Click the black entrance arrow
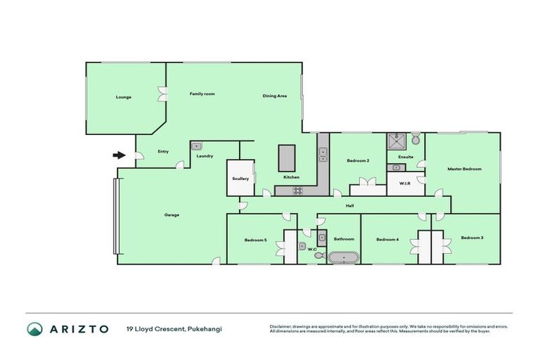[x=120, y=155]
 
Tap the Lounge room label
[x=124, y=97]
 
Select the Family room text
[x=202, y=94]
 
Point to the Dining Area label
[x=274, y=96]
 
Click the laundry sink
[x=197, y=146]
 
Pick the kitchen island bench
[x=288, y=157]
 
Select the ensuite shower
[x=395, y=139]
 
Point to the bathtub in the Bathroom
[x=343, y=257]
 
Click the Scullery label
[x=240, y=179]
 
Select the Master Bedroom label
[x=464, y=169]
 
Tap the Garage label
[x=172, y=215]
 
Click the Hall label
[x=349, y=205]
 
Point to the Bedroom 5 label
[x=255, y=240]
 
